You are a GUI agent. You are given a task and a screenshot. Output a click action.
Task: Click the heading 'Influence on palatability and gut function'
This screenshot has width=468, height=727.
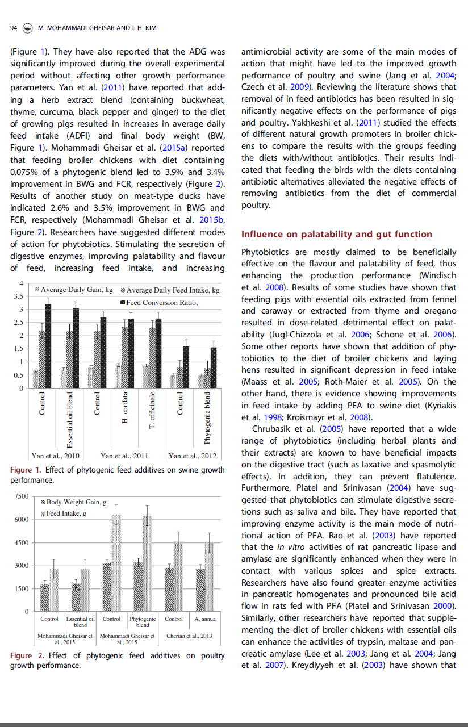[x=337, y=234]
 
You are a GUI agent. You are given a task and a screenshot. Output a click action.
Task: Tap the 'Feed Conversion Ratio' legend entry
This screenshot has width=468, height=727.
[x=162, y=302]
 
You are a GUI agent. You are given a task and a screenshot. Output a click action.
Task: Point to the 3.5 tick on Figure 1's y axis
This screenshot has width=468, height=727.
[x=18, y=296]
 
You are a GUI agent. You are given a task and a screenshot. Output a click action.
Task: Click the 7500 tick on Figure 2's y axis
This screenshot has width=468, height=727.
[x=21, y=497]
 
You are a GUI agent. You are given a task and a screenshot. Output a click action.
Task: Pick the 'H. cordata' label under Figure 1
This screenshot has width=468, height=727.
[x=126, y=408]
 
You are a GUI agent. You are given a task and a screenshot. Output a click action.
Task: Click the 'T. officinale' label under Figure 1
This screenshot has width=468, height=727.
[x=152, y=410]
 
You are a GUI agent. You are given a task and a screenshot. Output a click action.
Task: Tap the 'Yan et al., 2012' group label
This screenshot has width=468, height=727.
[x=192, y=456]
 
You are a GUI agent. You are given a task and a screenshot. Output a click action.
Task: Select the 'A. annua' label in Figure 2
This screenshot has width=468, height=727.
[x=204, y=619]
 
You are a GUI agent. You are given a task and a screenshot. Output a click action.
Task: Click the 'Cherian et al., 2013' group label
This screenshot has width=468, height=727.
[x=189, y=636]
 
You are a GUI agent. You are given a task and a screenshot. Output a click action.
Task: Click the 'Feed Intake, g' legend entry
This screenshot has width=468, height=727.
[x=66, y=513]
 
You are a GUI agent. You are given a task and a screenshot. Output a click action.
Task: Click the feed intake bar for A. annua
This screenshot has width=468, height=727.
[x=210, y=576]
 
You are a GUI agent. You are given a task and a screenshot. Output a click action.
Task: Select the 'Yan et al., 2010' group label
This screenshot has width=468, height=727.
[x=56, y=456]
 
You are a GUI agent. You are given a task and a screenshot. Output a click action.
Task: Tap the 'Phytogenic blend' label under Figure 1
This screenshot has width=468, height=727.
[x=208, y=418]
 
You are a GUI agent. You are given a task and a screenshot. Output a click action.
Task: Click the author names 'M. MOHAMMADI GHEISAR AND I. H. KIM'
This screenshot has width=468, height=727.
[x=98, y=28]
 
